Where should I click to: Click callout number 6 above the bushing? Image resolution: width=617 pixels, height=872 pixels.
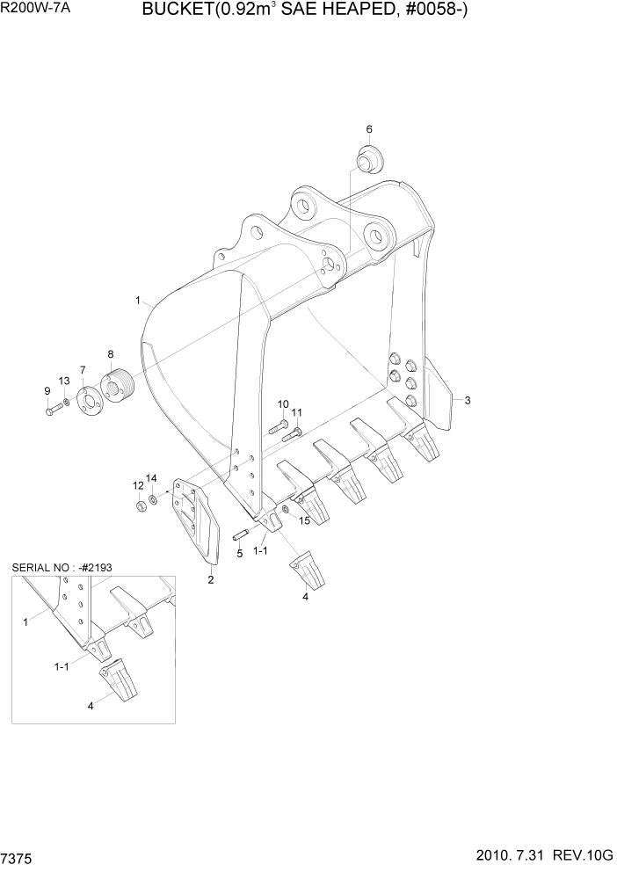pos(369,129)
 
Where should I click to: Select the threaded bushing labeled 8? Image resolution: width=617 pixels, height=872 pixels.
pos(117,387)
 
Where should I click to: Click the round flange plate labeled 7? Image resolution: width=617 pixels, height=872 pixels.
pos(89,401)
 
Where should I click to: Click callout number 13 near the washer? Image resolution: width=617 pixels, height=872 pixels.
pos(63,380)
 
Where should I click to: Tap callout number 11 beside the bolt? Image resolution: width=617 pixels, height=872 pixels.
pos(297,412)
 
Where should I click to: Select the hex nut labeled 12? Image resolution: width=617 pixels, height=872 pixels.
pos(139,506)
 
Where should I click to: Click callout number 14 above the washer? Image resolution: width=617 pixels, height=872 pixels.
pos(151,478)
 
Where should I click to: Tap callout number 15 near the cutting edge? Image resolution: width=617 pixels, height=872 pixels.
pos(305,521)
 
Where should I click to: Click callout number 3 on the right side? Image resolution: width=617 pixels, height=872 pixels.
pos(468,401)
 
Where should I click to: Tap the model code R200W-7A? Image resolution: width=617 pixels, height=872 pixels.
pos(31,10)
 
